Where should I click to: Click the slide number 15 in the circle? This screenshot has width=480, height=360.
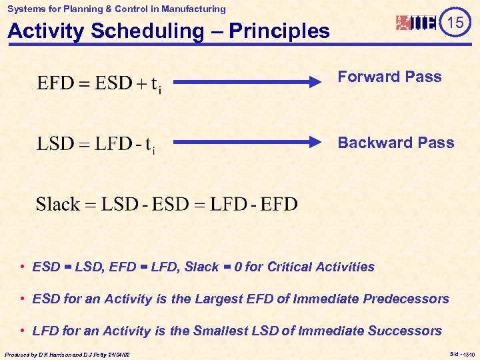[455, 23]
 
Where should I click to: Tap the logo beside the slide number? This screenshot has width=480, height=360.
[417, 23]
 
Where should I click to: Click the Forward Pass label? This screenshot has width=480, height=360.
[389, 77]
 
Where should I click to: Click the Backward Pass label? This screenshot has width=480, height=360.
[395, 143]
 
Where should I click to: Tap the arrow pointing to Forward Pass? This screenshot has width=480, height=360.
[247, 83]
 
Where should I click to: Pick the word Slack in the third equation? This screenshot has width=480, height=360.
[57, 204]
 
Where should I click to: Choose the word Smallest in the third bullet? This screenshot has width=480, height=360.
[220, 331]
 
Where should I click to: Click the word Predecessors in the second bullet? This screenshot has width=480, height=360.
[406, 299]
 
